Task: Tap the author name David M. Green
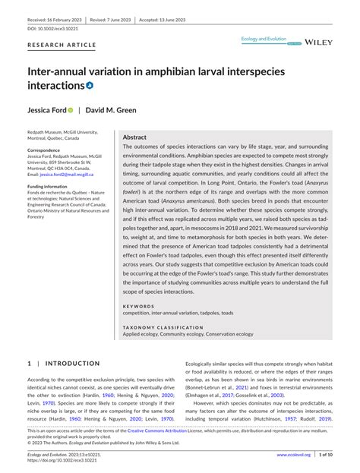coord(111,109)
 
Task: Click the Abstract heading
coord(135,137)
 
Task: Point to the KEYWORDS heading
coord(139,306)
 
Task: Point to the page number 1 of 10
coord(329,455)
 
